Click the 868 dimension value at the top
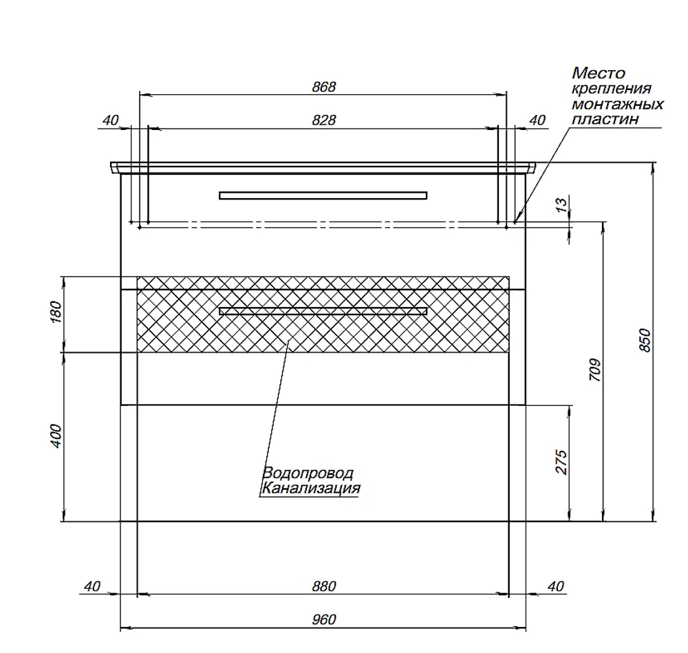[324, 87]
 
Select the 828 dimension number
[324, 120]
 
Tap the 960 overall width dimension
[324, 619]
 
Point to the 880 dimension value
[324, 586]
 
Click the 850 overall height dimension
[645, 340]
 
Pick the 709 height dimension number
[594, 370]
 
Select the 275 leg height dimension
[561, 462]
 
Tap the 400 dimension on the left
[57, 436]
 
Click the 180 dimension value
[57, 312]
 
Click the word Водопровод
[308, 473]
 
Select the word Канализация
[311, 488]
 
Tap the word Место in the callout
[598, 72]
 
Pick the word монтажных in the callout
[617, 105]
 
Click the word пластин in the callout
[605, 119]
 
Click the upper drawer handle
[323, 195]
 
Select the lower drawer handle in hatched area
[323, 311]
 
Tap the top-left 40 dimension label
[111, 120]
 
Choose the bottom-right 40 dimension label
[555, 586]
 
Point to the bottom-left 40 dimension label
[92, 586]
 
